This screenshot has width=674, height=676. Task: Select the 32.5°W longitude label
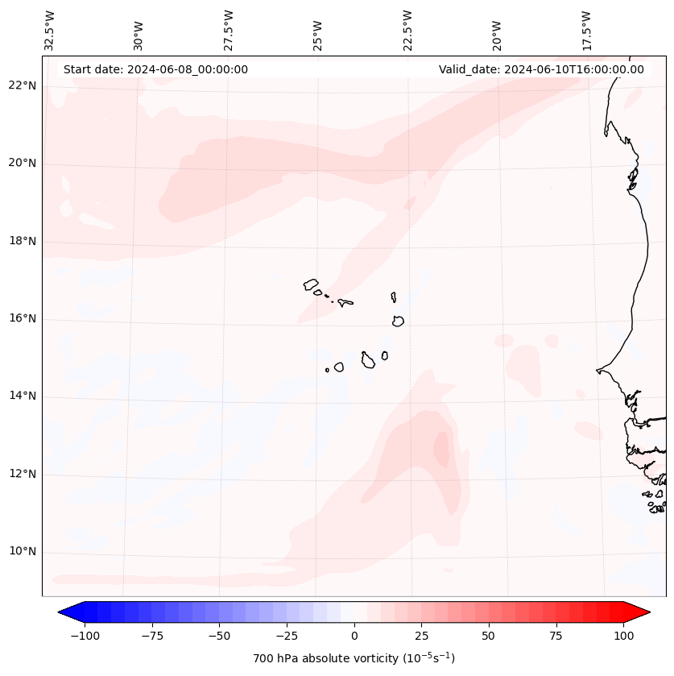[50, 30]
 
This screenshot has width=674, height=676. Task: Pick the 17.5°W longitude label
[587, 30]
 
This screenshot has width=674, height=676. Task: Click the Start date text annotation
[155, 69]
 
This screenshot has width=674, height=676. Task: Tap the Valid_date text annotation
[541, 69]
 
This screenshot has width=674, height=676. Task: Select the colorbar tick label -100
[85, 636]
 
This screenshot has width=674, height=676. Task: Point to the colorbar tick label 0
[354, 636]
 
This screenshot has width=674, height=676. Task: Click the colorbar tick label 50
[489, 636]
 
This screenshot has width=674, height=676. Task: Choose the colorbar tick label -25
[287, 636]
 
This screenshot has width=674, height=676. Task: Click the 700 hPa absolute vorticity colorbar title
[354, 658]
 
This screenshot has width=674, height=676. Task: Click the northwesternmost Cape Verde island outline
[311, 284]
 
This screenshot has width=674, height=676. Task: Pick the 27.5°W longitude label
[229, 30]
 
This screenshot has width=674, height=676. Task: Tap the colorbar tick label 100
[623, 636]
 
